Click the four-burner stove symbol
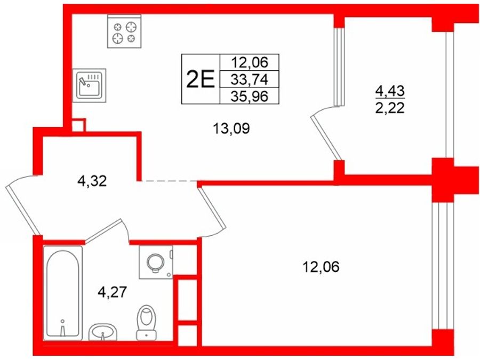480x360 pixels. pyautogui.click(x=124, y=31)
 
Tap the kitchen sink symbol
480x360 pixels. pyautogui.click(x=90, y=85)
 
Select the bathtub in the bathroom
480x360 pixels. pyautogui.click(x=63, y=293)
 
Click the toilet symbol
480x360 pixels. pyautogui.click(x=146, y=322)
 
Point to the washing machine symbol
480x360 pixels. pyautogui.click(x=156, y=262)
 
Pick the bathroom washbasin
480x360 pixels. pyautogui.click(x=103, y=332)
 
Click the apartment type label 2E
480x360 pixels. pyautogui.click(x=201, y=79)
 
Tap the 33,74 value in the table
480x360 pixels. pyautogui.click(x=250, y=79)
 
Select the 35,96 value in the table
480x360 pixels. pyautogui.click(x=250, y=97)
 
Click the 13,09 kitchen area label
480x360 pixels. pyautogui.click(x=231, y=129)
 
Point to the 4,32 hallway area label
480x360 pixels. pyautogui.click(x=92, y=181)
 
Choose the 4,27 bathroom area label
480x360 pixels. pyautogui.click(x=113, y=292)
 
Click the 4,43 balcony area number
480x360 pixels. pyautogui.click(x=390, y=91)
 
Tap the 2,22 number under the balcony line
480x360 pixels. pyautogui.click(x=390, y=108)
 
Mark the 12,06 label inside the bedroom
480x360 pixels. pyautogui.click(x=321, y=267)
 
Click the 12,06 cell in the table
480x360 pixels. pyautogui.click(x=250, y=62)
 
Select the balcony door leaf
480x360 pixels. pyautogui.click(x=326, y=138)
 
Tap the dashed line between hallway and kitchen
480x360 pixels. pyautogui.click(x=169, y=181)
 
